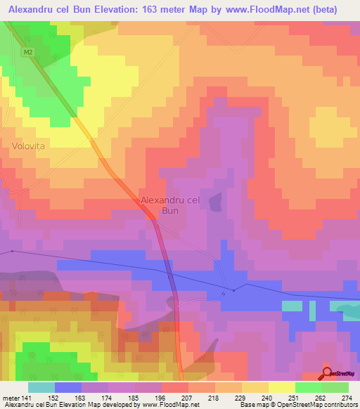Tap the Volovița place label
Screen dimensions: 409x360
click(28, 147)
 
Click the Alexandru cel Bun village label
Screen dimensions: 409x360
click(171, 204)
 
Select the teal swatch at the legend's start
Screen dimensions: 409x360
click(41, 388)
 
